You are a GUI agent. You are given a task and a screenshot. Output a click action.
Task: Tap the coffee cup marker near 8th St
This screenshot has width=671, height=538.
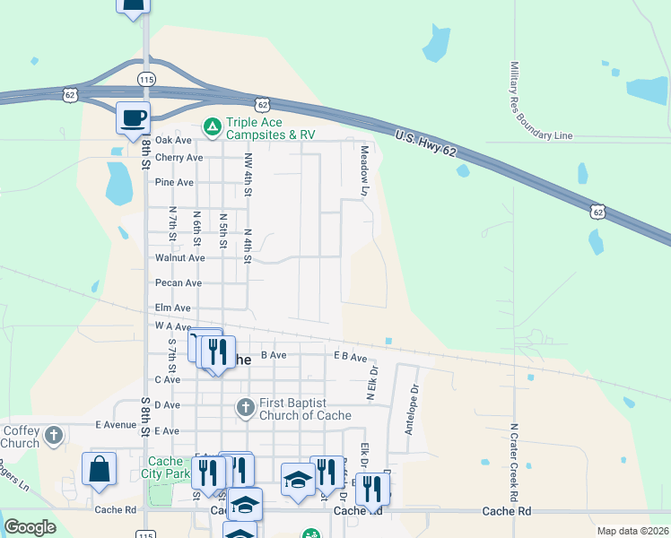point(133,117)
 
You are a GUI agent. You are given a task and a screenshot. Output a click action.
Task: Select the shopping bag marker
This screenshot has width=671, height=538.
point(99,469)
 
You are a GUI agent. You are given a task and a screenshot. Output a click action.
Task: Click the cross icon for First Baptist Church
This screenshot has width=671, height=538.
point(245,408)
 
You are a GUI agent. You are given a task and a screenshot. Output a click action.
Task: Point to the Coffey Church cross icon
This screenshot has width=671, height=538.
point(54,436)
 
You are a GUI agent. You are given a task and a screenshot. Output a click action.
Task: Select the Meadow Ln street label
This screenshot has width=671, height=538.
point(364,170)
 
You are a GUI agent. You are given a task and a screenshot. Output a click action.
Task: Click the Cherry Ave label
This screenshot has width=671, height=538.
point(179,158)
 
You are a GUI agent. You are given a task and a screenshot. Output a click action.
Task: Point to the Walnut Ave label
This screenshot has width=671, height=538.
point(180,257)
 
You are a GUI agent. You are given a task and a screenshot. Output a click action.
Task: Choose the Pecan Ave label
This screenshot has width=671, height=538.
point(178,282)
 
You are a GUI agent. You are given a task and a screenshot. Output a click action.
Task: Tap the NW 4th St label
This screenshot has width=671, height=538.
point(248,174)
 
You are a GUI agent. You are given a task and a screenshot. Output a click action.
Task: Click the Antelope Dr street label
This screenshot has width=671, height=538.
point(412,410)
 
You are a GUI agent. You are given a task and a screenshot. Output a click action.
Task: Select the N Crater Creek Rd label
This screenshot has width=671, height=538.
point(514,463)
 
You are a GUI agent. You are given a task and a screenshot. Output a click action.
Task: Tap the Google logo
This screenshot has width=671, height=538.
point(30,527)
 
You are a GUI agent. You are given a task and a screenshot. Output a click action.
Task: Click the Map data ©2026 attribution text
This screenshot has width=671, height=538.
point(632,531)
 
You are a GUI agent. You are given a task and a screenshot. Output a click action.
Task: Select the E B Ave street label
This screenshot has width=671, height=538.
point(351,357)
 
